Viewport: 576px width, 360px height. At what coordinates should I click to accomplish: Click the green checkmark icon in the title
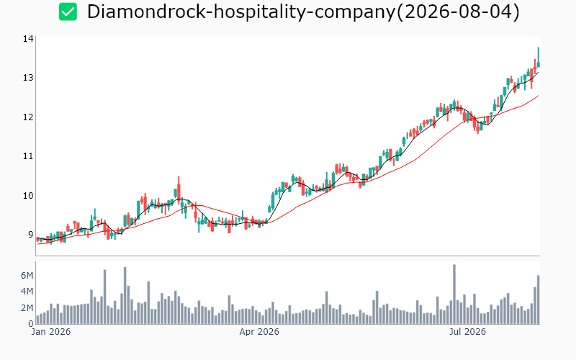(68, 12)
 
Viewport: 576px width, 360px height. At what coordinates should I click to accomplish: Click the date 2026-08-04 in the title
(459, 12)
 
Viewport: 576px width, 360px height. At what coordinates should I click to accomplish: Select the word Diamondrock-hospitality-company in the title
(241, 12)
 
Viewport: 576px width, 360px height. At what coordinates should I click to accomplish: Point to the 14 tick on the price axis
(28, 39)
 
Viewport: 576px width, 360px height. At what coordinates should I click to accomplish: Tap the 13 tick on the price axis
(28, 78)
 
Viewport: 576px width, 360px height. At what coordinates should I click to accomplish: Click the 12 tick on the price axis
(28, 117)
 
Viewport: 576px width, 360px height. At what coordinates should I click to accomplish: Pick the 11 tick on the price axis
(28, 156)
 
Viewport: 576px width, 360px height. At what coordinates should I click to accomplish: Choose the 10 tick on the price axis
(28, 195)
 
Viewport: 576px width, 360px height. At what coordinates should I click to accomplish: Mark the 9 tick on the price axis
(30, 235)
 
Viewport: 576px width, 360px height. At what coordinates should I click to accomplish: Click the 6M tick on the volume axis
(27, 276)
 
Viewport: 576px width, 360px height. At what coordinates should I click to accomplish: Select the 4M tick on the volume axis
(27, 292)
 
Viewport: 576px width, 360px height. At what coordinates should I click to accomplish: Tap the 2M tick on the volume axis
(27, 308)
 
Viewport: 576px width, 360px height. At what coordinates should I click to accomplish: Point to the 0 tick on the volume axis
(31, 323)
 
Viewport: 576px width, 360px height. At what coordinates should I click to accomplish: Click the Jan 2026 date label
(50, 332)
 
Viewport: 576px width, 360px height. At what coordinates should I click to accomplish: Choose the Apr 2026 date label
(259, 332)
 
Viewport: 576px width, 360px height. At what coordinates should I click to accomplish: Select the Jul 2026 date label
(467, 332)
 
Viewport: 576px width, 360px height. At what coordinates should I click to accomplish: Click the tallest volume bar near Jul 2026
(454, 294)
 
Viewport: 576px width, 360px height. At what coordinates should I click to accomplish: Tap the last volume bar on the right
(538, 300)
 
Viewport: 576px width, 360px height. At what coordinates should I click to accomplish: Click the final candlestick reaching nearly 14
(538, 58)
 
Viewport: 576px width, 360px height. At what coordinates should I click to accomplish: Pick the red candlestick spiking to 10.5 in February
(179, 190)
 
